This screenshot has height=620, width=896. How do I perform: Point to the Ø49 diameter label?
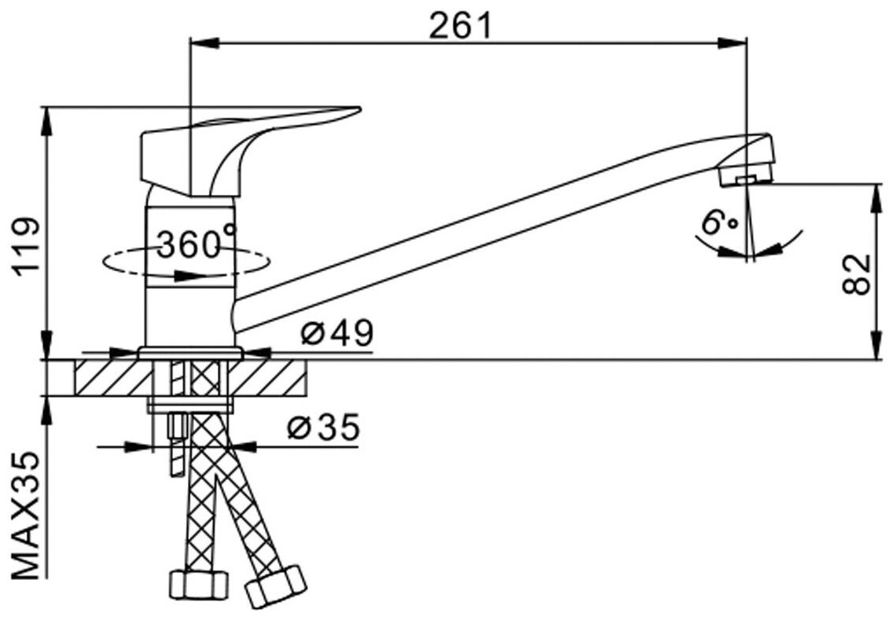pyautogui.click(x=336, y=336)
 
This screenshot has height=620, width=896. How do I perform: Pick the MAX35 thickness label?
pyautogui.click(x=27, y=514)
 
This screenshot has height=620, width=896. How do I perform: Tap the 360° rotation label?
pyautogui.click(x=196, y=244)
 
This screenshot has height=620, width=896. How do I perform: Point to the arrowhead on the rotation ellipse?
pyautogui.click(x=189, y=276)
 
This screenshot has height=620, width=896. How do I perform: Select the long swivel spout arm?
pyautogui.click(x=472, y=228)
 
